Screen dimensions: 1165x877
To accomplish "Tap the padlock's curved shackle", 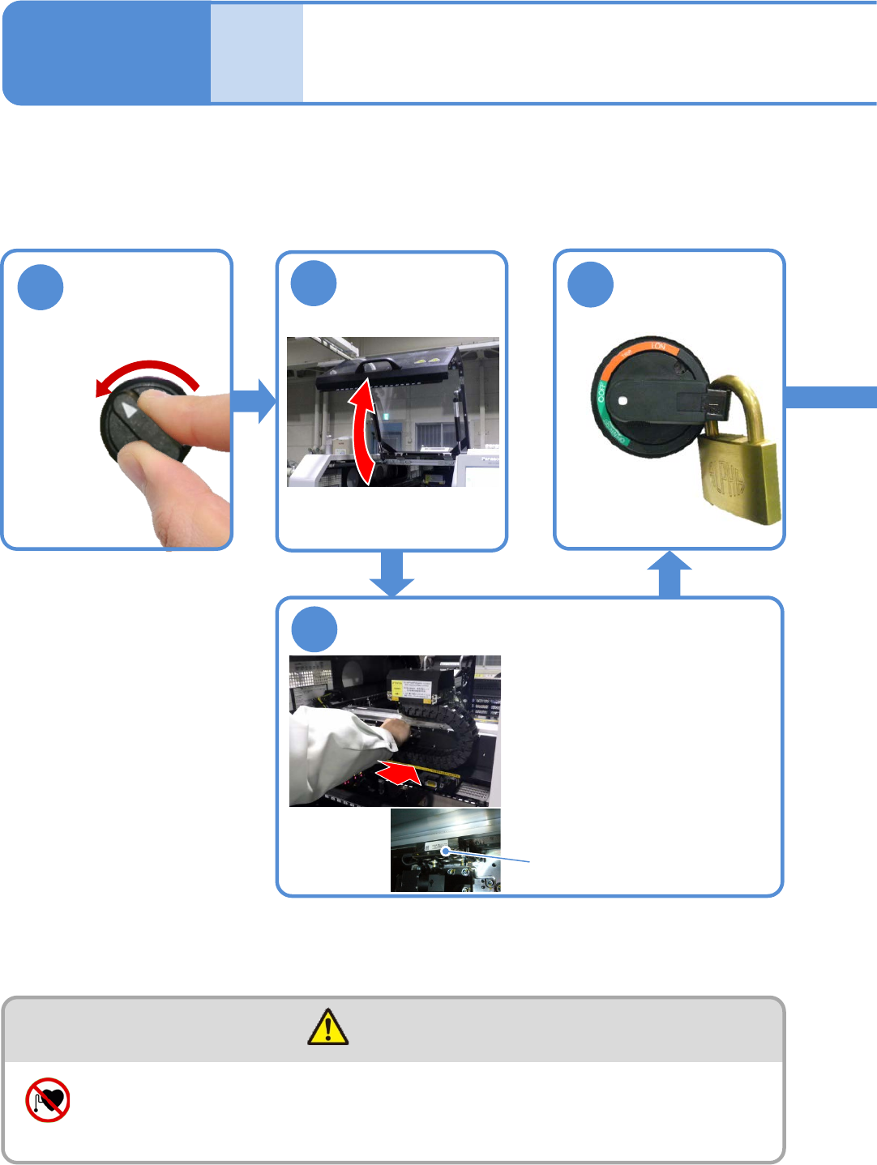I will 740,396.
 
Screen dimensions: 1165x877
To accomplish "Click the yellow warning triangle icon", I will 328,1027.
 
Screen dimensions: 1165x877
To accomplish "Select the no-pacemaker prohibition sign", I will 48,1100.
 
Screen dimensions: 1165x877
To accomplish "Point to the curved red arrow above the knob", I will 148,372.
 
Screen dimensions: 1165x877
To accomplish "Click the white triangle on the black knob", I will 130,410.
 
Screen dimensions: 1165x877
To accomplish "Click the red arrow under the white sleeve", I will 399,775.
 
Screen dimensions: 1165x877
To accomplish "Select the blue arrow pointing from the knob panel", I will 255,400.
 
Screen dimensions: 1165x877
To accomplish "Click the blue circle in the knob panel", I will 41,287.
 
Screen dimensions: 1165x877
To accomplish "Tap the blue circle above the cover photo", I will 314,284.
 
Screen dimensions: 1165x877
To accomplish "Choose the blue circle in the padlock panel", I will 591,284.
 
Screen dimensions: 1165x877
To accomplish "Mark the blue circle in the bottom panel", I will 314,629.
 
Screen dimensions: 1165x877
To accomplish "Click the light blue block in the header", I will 257,53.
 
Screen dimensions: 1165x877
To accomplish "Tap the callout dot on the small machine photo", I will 445,851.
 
